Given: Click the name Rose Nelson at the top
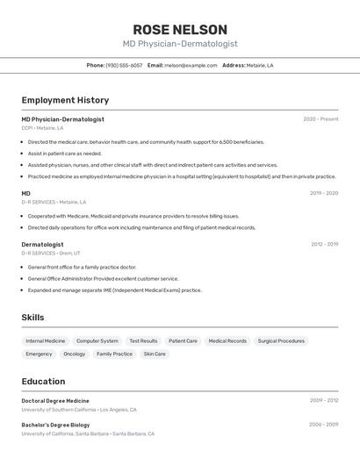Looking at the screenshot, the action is pos(180,29).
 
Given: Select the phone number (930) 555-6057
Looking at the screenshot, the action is pos(124,65).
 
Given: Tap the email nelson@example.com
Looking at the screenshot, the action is pos(191,65).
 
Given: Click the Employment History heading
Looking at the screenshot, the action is pos(65,100).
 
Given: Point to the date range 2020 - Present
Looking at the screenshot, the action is pos(320,119).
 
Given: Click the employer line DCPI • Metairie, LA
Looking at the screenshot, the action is pos(42,128).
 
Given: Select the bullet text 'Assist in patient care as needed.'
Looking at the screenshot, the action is pos(65,153).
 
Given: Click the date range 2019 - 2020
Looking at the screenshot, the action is pos(324,193).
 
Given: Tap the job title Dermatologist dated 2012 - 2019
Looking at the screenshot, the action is pos(42,244).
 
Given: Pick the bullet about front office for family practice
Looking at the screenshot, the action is pos(82,267).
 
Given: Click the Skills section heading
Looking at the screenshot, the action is pos(32,318).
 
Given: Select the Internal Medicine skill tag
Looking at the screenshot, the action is pos(46,340).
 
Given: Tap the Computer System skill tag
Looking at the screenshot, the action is pos(97,340).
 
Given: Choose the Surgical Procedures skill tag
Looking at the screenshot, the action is pos(281,340).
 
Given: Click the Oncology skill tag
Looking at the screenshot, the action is pos(75,354).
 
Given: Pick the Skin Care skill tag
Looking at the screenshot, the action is pos(155,354).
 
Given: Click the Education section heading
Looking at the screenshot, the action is pos(43,382).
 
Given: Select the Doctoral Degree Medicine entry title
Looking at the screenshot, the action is pos(55,400).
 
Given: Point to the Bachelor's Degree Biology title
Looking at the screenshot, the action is pos(55,425).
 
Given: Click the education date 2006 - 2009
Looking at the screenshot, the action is pos(323,425).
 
